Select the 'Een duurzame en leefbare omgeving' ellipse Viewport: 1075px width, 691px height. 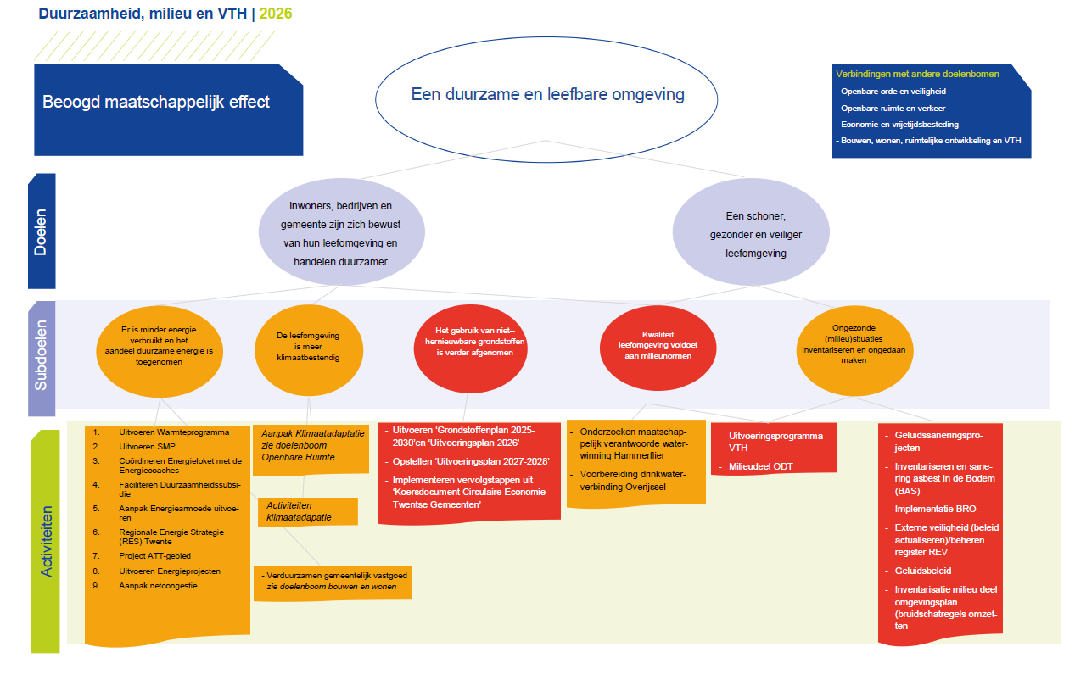point(547,95)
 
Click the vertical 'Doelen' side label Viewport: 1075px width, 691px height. point(42,231)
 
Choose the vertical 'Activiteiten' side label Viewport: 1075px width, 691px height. point(46,541)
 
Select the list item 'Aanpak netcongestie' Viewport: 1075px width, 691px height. point(158,586)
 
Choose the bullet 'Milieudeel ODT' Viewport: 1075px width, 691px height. point(760,466)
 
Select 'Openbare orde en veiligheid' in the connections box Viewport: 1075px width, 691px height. point(893,91)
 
